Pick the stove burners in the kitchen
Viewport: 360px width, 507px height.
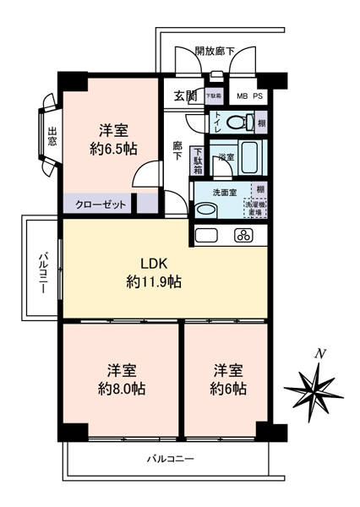click(x=246, y=235)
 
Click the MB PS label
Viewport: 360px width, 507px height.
click(x=248, y=95)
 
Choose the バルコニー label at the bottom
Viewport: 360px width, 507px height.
click(x=170, y=459)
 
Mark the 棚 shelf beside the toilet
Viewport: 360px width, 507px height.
click(x=261, y=123)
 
